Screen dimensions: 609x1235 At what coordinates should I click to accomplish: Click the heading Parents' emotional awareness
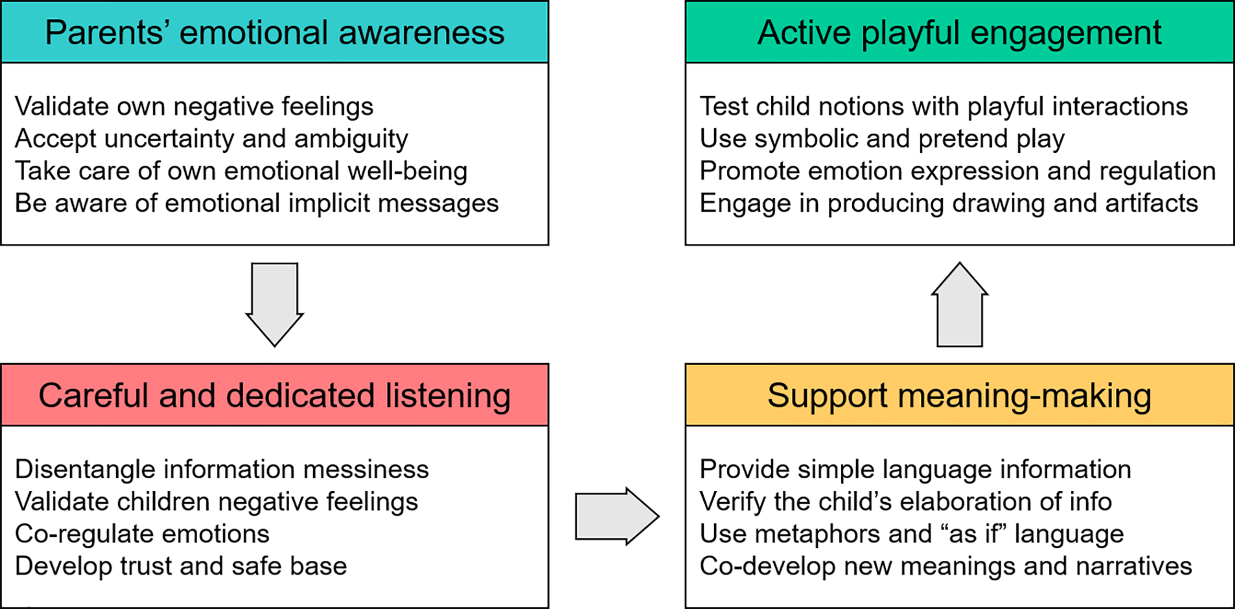point(275,32)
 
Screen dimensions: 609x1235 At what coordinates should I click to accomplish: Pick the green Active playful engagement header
point(959,32)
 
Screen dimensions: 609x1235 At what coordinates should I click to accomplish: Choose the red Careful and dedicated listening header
point(275,395)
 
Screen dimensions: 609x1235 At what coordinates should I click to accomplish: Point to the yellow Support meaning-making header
point(959,395)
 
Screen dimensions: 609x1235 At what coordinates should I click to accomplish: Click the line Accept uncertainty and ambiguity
point(211,139)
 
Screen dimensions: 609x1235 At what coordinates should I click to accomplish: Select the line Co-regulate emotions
point(142,534)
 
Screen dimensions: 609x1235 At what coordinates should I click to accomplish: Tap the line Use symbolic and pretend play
point(882,139)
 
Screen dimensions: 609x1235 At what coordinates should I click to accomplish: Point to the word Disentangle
point(85,469)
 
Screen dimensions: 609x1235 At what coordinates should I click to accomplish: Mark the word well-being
point(407,172)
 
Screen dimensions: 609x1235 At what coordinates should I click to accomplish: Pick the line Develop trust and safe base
point(181,566)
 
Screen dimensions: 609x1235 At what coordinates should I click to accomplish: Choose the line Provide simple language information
point(915,469)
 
